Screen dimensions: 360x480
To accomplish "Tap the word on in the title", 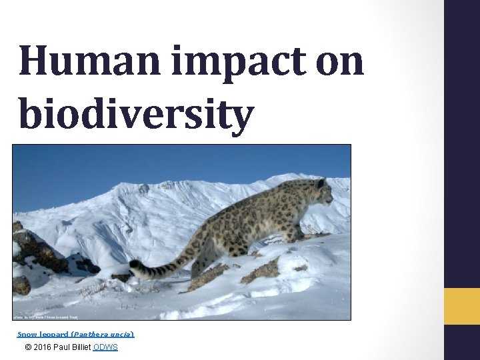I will click(x=335, y=62).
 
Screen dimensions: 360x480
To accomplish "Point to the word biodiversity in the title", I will click(x=137, y=113).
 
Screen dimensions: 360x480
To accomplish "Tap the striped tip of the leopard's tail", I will click(x=137, y=267).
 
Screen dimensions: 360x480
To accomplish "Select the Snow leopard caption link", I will click(x=37, y=333).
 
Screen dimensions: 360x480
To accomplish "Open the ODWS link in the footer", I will click(x=105, y=347).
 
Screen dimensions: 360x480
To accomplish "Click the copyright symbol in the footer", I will click(x=27, y=347).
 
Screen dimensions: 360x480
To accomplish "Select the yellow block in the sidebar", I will click(x=462, y=307).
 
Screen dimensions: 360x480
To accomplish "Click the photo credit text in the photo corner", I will click(x=45, y=316).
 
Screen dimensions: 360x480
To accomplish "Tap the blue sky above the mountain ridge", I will click(x=133, y=163).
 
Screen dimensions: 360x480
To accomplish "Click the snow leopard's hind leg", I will click(x=200, y=263).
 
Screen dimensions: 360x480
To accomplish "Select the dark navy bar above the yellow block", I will click(x=462, y=143).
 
